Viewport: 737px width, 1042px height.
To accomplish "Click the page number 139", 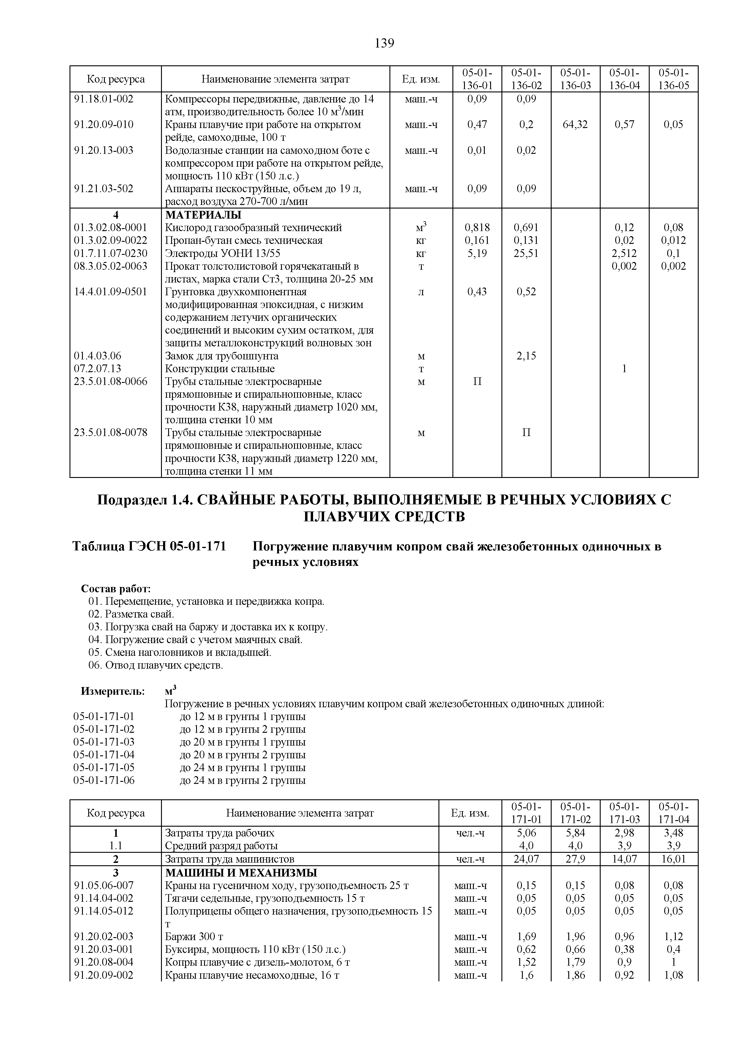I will [x=384, y=44].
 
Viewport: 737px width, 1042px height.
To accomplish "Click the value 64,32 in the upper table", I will [x=575, y=124].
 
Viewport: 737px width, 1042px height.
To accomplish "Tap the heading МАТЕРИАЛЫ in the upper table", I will [x=203, y=215].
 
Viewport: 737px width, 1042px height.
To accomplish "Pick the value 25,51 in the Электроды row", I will [x=526, y=253].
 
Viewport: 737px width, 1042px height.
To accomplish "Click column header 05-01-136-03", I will [x=575, y=79].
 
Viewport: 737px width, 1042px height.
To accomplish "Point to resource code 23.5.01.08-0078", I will [x=111, y=432].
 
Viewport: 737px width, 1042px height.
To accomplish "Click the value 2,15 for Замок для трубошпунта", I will [x=526, y=356].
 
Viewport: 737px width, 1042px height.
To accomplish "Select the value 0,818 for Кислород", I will [x=477, y=228].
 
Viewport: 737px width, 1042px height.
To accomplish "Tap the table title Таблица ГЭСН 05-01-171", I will [x=150, y=547].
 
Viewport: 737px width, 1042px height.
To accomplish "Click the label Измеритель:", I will [x=113, y=691].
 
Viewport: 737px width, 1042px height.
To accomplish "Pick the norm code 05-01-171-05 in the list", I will [x=104, y=768].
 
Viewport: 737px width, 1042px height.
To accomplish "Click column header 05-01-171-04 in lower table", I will [x=673, y=813].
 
